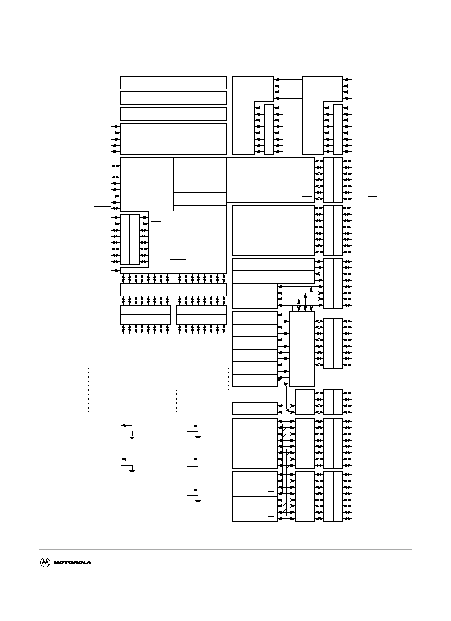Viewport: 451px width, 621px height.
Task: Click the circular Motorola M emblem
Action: click(x=45, y=562)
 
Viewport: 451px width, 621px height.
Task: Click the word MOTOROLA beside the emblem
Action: click(x=72, y=562)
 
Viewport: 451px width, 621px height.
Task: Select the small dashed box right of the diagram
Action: click(x=378, y=180)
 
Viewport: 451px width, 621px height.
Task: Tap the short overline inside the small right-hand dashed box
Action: click(x=373, y=197)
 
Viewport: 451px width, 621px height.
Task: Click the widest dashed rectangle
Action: click(x=159, y=379)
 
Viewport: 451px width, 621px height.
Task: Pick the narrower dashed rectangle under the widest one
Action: click(x=133, y=401)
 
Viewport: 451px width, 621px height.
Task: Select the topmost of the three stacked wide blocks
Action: click(x=173, y=83)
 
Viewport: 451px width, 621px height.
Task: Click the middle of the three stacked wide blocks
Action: click(x=173, y=98)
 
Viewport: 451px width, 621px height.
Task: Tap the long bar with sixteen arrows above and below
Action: click(x=173, y=290)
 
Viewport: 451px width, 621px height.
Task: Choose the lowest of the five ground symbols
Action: click(x=198, y=501)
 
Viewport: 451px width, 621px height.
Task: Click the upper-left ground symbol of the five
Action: click(x=132, y=437)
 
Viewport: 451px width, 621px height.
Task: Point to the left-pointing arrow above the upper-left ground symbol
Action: click(x=127, y=425)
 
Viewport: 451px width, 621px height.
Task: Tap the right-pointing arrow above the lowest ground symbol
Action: click(x=193, y=490)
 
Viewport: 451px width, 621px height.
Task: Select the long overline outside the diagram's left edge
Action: click(x=102, y=206)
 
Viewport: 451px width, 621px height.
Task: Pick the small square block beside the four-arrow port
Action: click(x=305, y=402)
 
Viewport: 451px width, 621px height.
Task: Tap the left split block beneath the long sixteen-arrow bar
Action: click(x=145, y=314)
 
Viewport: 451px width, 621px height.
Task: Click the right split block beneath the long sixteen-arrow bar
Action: click(x=202, y=314)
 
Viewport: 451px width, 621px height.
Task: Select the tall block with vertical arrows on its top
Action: click(x=302, y=349)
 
